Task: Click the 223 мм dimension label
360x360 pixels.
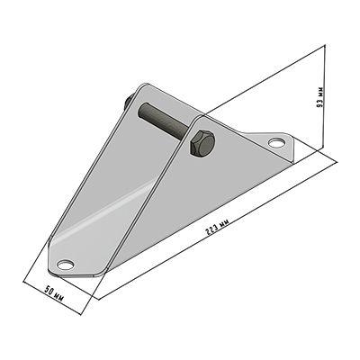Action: (218, 227)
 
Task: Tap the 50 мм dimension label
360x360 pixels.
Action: (54, 294)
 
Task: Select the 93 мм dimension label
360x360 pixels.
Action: (320, 97)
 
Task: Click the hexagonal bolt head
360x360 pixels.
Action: (202, 143)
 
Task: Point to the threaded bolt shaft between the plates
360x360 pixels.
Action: (165, 120)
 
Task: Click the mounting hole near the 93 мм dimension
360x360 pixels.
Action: (276, 143)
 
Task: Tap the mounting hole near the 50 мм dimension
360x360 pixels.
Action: (66, 265)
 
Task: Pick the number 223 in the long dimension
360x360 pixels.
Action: (211, 231)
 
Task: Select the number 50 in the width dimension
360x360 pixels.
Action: (49, 291)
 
